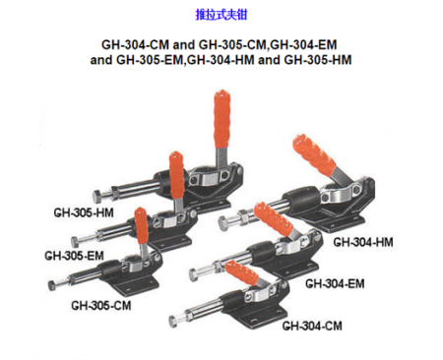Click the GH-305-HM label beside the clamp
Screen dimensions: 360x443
(x=81, y=211)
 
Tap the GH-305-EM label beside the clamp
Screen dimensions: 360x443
(x=74, y=256)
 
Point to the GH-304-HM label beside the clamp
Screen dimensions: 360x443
(x=363, y=241)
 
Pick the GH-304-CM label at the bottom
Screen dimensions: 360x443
(x=312, y=326)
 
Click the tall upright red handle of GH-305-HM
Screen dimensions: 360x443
(x=217, y=118)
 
